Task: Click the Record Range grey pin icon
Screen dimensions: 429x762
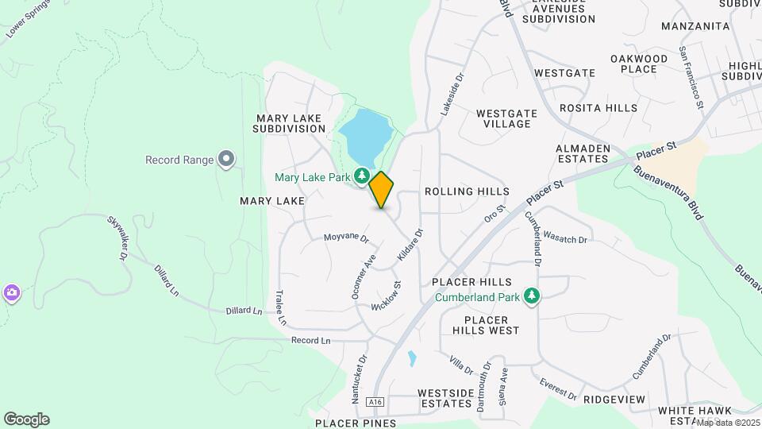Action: pyautogui.click(x=226, y=160)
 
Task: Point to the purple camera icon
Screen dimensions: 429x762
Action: pyautogui.click(x=11, y=293)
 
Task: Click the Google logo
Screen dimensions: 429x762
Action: pyautogui.click(x=26, y=419)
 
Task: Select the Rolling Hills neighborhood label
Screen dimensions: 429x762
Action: pyautogui.click(x=467, y=191)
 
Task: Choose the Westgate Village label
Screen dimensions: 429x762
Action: pyautogui.click(x=506, y=118)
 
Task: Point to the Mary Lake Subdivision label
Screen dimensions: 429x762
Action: pyautogui.click(x=290, y=123)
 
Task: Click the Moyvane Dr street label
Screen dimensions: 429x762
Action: pyautogui.click(x=346, y=238)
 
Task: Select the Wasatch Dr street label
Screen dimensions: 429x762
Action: pyautogui.click(x=566, y=238)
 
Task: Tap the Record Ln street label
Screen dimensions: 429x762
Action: pyautogui.click(x=310, y=340)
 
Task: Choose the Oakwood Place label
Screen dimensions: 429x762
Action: pyautogui.click(x=639, y=64)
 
